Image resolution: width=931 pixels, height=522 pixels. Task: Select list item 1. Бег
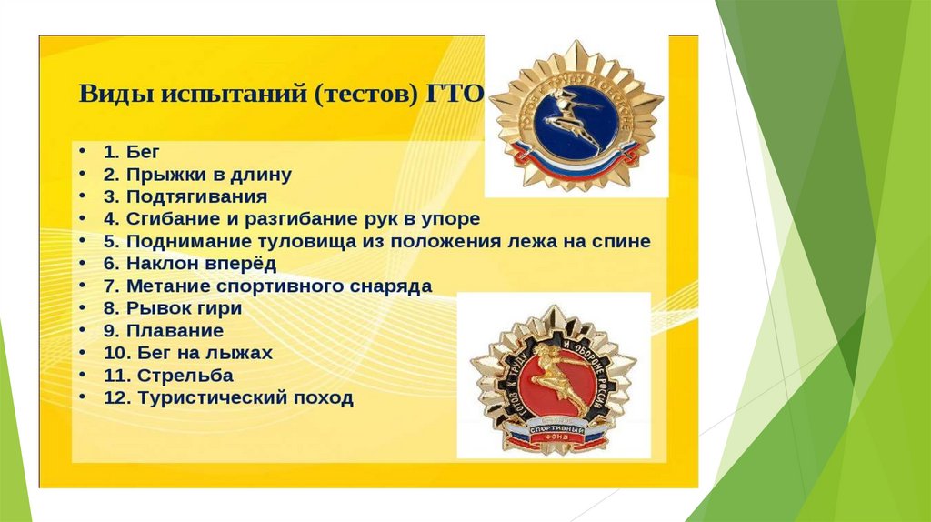pos(132,151)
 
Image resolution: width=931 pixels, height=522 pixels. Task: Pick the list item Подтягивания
pos(185,196)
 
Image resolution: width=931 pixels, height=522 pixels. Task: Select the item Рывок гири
pos(172,308)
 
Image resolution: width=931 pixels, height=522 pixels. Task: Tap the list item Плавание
pos(163,331)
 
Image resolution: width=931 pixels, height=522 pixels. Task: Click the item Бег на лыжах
pos(187,353)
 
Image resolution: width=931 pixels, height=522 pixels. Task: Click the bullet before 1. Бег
pos(83,152)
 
